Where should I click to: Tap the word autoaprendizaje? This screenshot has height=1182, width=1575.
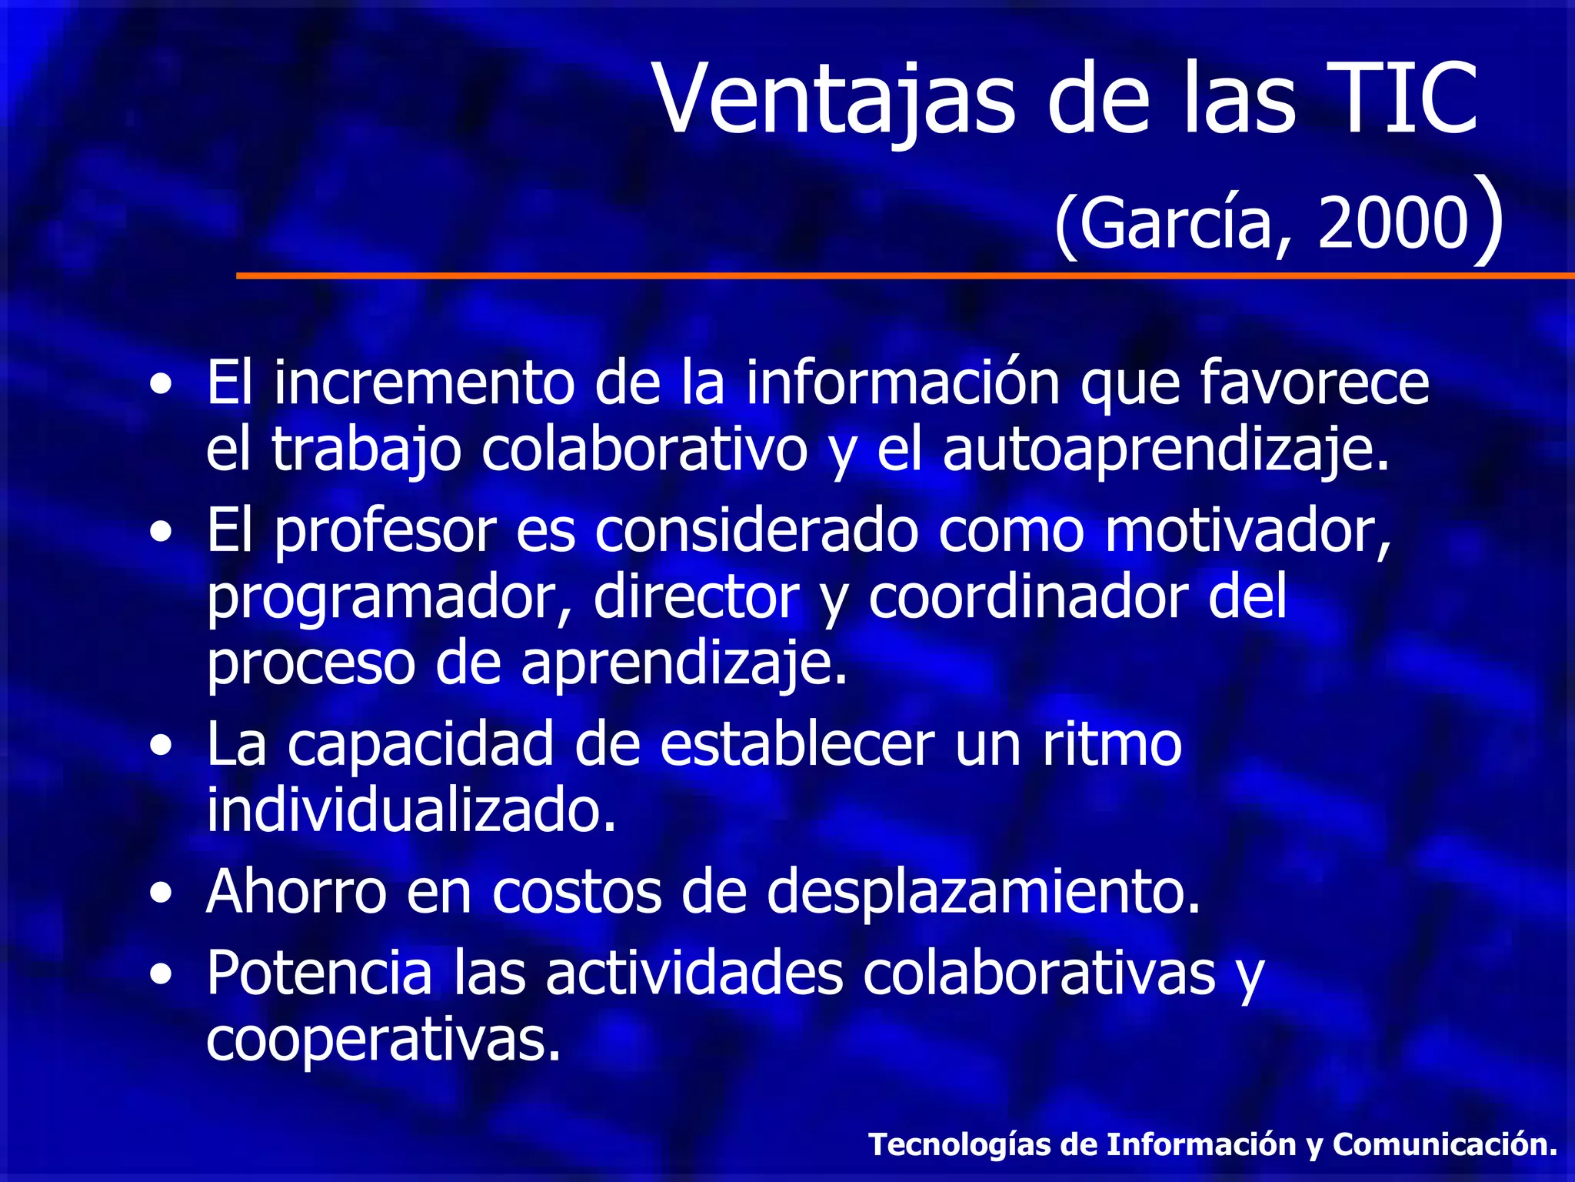pyautogui.click(x=1166, y=450)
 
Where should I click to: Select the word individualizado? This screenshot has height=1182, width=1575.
pyautogui.click(x=411, y=810)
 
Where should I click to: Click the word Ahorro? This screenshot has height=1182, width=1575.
pyautogui.click(x=296, y=892)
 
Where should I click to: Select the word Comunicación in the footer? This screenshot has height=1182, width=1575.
pyautogui.click(x=1445, y=1144)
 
